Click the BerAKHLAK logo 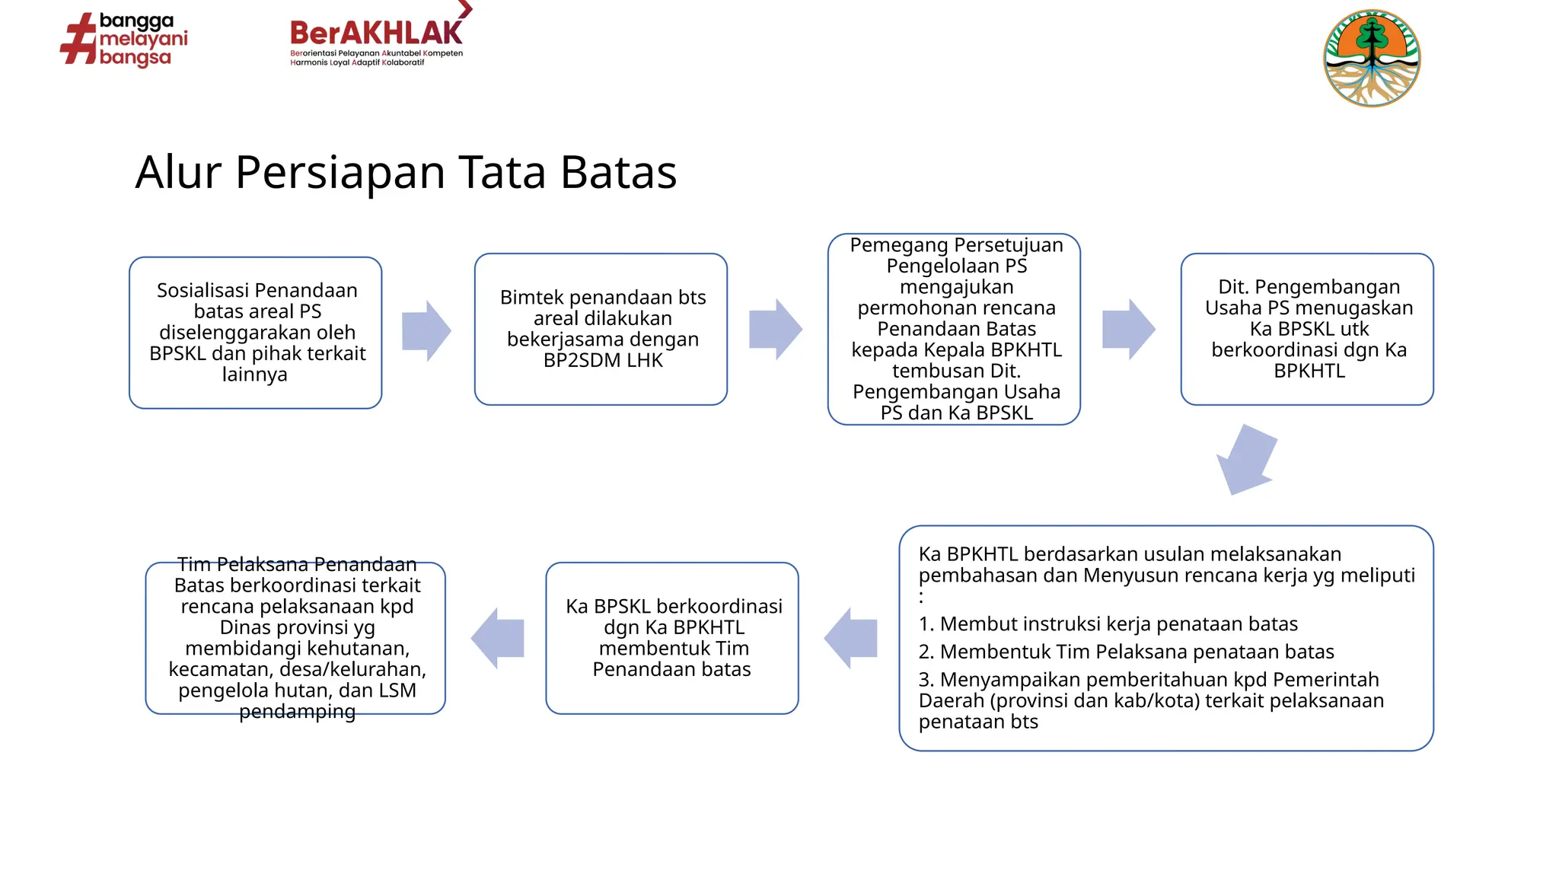pyautogui.click(x=377, y=38)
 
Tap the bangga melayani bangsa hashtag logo pyautogui.click(x=124, y=40)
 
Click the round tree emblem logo pyautogui.click(x=1372, y=58)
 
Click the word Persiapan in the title pyautogui.click(x=340, y=172)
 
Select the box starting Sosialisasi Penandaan pyautogui.click(x=256, y=333)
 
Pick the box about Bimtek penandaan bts pyautogui.click(x=601, y=329)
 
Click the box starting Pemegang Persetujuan pyautogui.click(x=954, y=329)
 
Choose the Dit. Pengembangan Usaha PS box pyautogui.click(x=1307, y=329)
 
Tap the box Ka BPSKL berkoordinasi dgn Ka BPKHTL pyautogui.click(x=672, y=638)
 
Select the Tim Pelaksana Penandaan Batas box pyautogui.click(x=295, y=638)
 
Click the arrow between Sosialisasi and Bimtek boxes pyautogui.click(x=426, y=330)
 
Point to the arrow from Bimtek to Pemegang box pyautogui.click(x=775, y=329)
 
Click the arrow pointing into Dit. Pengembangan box pyautogui.click(x=1128, y=329)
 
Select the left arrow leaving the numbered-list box pyautogui.click(x=850, y=638)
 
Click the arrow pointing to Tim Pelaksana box pyautogui.click(x=498, y=638)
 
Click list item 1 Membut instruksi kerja pyautogui.click(x=1108, y=624)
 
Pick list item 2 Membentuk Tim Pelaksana pyautogui.click(x=1126, y=652)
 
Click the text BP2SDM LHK pyautogui.click(x=603, y=361)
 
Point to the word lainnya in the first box pyautogui.click(x=255, y=375)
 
